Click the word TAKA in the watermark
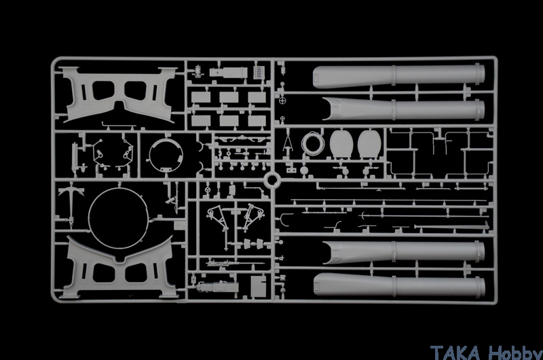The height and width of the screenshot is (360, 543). [x=455, y=352]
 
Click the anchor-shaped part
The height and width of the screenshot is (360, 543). [x=71, y=202]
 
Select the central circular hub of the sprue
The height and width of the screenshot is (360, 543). [x=272, y=180]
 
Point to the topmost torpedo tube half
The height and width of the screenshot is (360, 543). [x=398, y=75]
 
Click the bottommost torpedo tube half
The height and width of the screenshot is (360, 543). [x=399, y=285]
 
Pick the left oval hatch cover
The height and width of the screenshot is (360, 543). [x=341, y=144]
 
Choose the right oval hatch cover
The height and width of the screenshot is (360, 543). [x=369, y=144]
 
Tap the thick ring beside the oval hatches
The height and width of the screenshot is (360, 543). [x=313, y=143]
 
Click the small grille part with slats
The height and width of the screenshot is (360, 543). [x=259, y=72]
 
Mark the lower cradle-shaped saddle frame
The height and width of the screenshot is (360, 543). [x=118, y=268]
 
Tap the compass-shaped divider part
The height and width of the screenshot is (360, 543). [x=287, y=141]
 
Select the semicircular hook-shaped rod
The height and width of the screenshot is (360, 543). [x=286, y=221]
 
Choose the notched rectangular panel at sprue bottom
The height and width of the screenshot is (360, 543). [x=259, y=286]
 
